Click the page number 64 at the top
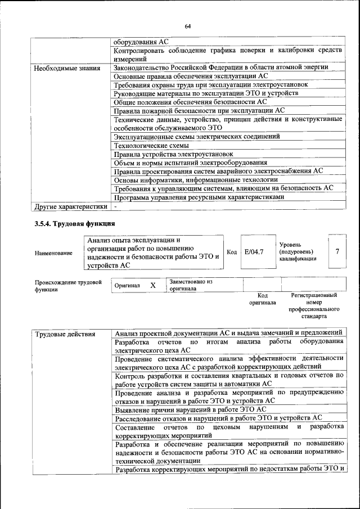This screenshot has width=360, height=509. point(187,26)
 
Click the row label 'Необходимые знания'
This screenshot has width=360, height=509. point(64,68)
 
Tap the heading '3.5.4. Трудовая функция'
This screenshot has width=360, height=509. point(75,224)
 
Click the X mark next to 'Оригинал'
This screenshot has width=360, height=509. point(152,285)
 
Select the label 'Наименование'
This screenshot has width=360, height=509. point(53,254)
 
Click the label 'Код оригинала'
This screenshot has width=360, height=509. point(263,299)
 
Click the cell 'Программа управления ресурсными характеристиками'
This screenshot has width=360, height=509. point(198,197)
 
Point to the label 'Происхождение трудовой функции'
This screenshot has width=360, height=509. point(68,285)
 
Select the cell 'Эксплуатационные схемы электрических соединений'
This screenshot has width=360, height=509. point(196,136)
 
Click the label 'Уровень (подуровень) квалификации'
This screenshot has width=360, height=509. point(298,251)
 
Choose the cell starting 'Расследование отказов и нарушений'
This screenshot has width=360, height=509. point(218,418)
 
